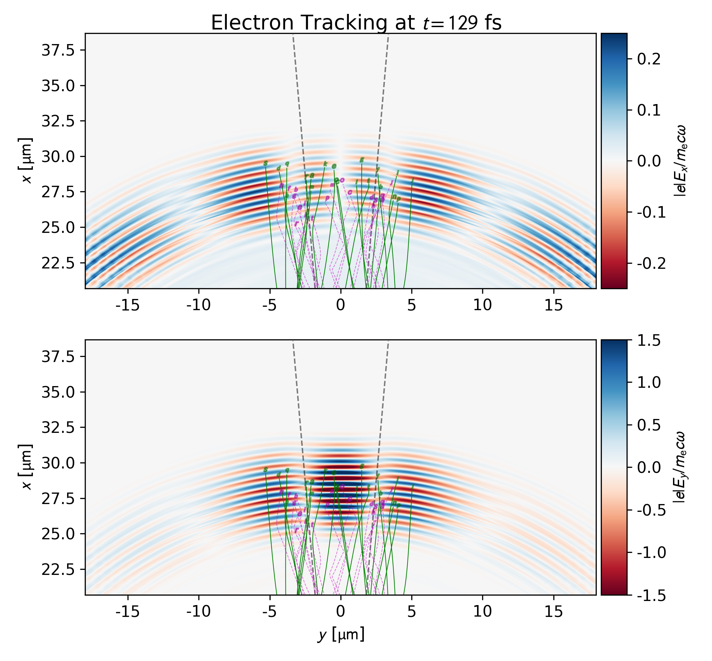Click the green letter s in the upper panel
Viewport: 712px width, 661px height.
tap(265, 163)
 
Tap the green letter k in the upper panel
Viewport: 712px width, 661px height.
tap(325, 164)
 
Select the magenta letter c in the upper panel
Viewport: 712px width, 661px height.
tap(350, 192)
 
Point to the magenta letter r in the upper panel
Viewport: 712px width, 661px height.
tap(296, 223)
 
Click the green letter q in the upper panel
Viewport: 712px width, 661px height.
tap(287, 163)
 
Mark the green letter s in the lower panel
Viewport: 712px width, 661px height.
tap(265, 469)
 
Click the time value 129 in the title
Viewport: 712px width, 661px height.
tap(464, 23)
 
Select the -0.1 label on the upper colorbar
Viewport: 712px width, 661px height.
tap(651, 212)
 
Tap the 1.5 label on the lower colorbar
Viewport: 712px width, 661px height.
tap(649, 341)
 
